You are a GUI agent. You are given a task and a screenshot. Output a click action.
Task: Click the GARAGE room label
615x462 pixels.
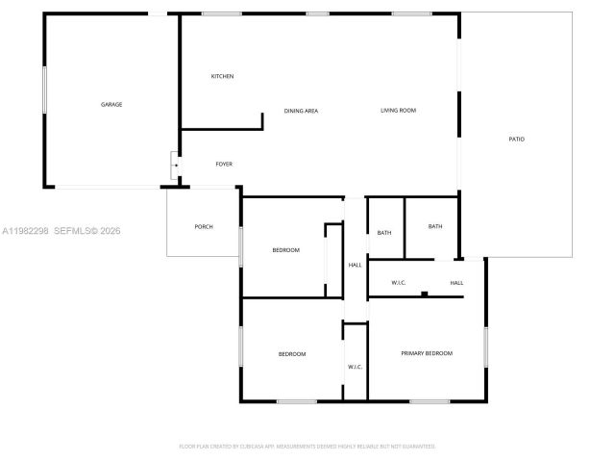tap(111, 104)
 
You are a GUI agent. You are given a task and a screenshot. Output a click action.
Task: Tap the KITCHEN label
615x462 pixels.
tap(223, 76)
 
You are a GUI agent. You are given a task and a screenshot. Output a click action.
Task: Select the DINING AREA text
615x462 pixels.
tap(301, 111)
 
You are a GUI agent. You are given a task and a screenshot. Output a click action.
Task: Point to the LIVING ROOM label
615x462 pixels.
tap(398, 111)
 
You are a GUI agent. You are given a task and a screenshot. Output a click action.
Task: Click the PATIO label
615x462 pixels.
tap(517, 140)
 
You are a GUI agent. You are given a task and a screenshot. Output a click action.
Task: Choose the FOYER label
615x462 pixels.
tap(224, 164)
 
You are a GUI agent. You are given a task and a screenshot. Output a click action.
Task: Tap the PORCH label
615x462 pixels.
tap(204, 226)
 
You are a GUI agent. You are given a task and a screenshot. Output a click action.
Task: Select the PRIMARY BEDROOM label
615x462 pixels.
tap(427, 353)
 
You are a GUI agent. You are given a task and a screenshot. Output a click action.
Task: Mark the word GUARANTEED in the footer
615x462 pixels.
tap(416, 447)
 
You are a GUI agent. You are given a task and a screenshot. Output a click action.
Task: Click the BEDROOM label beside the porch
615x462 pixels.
tap(286, 250)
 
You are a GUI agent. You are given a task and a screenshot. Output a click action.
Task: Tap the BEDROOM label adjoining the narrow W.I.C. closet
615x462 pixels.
tap(292, 354)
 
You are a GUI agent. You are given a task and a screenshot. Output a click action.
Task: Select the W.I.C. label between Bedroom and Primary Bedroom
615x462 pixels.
tap(355, 367)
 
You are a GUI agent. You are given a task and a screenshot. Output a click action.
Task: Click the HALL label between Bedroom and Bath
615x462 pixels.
tap(355, 265)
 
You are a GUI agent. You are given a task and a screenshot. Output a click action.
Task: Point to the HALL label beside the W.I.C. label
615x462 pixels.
tap(457, 282)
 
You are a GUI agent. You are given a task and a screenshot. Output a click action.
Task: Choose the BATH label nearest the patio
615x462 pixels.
tap(435, 226)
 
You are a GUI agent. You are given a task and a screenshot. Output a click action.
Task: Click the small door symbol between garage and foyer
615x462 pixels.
tap(175, 165)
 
